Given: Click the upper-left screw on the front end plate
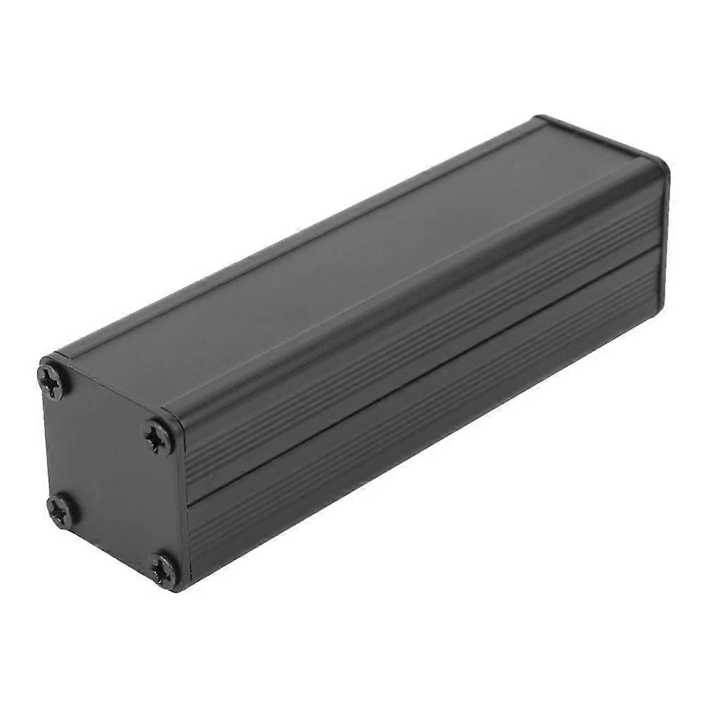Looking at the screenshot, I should tap(55, 379).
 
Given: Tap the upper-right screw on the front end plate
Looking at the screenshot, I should tap(159, 436).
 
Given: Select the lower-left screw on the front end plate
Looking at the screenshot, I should tap(61, 509).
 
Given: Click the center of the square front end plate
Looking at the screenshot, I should tap(109, 472).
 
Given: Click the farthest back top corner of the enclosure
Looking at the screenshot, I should tap(540, 119).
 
